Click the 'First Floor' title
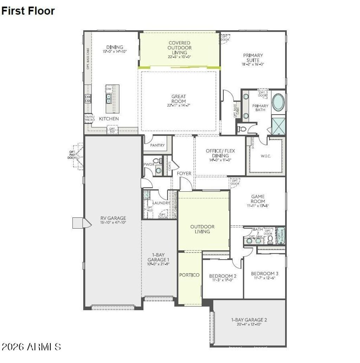pos(28,11)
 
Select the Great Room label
pos(179,98)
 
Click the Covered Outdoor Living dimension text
pos(179,57)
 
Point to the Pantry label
pos(157,145)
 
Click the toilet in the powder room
pos(157,161)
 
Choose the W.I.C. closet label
pos(266,156)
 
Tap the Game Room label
pos(258,199)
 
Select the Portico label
pos(189,275)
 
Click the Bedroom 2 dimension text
pos(223,281)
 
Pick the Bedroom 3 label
pos(265,273)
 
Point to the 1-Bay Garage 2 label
pos(249,320)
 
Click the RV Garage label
pos(113,218)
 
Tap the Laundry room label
pos(161,203)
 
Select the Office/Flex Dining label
pos(220,153)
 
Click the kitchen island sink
pos(109,98)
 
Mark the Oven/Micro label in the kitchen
pos(89,119)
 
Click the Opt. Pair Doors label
pos(72,155)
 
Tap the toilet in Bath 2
pos(270,239)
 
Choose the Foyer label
pos(184,173)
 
